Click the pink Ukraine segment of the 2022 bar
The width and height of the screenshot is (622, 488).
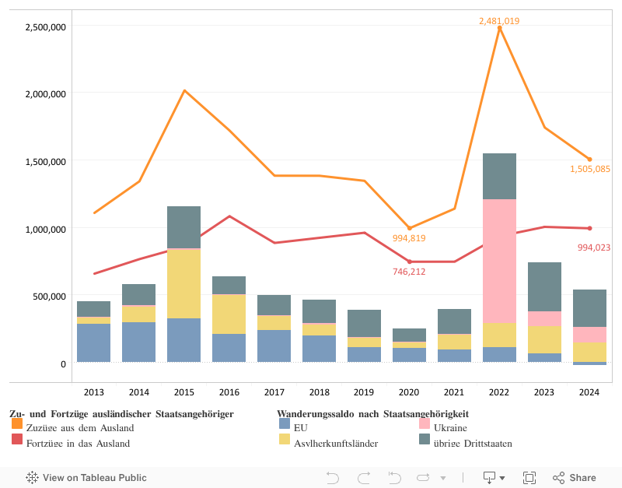tap(499, 261)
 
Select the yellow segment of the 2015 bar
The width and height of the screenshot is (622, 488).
tap(183, 284)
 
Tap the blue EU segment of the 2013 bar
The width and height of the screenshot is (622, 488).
tap(93, 342)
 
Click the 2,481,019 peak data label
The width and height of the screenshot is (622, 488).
tap(499, 21)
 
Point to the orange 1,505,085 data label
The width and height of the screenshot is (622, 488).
tap(589, 169)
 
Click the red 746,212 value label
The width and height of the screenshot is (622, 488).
tap(409, 272)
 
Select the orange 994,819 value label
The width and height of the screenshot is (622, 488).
tap(409, 238)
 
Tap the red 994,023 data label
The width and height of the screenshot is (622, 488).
tap(594, 248)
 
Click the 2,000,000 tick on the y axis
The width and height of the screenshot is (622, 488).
tap(46, 93)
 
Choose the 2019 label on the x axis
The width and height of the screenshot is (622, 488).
tap(364, 392)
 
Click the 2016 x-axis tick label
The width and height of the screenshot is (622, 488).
tap(229, 392)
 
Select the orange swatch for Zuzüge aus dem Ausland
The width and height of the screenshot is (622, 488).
tap(17, 425)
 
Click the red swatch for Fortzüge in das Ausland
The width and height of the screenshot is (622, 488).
tap(17, 441)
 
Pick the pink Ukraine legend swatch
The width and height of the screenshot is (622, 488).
tap(425, 425)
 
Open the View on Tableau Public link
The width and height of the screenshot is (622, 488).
tap(86, 478)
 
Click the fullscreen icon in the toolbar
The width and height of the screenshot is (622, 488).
tap(529, 478)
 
